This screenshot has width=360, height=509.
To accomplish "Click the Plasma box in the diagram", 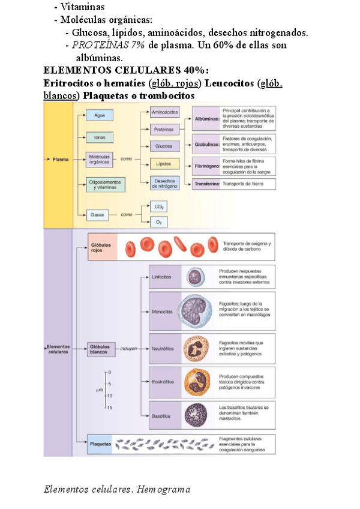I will [59, 160].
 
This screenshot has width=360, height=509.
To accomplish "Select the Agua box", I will [100, 115].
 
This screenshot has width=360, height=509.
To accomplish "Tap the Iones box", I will [100, 137].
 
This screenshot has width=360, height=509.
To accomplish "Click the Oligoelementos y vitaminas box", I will [105, 184].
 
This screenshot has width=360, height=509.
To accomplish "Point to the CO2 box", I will [159, 207].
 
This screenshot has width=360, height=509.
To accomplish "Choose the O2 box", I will [159, 222].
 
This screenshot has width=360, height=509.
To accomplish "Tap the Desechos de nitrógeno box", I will [165, 184].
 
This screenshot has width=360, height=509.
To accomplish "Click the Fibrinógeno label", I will [206, 164].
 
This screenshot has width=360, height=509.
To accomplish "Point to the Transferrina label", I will [206, 184].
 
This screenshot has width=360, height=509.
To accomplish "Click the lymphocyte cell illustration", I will [195, 277].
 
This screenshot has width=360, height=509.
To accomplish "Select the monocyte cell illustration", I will [196, 312].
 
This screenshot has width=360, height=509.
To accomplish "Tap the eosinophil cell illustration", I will [196, 381].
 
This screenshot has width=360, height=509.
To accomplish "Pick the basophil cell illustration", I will [196, 415].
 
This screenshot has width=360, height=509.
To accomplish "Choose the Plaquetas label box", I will [101, 445].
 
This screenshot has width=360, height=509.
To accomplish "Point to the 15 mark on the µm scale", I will [110, 408].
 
